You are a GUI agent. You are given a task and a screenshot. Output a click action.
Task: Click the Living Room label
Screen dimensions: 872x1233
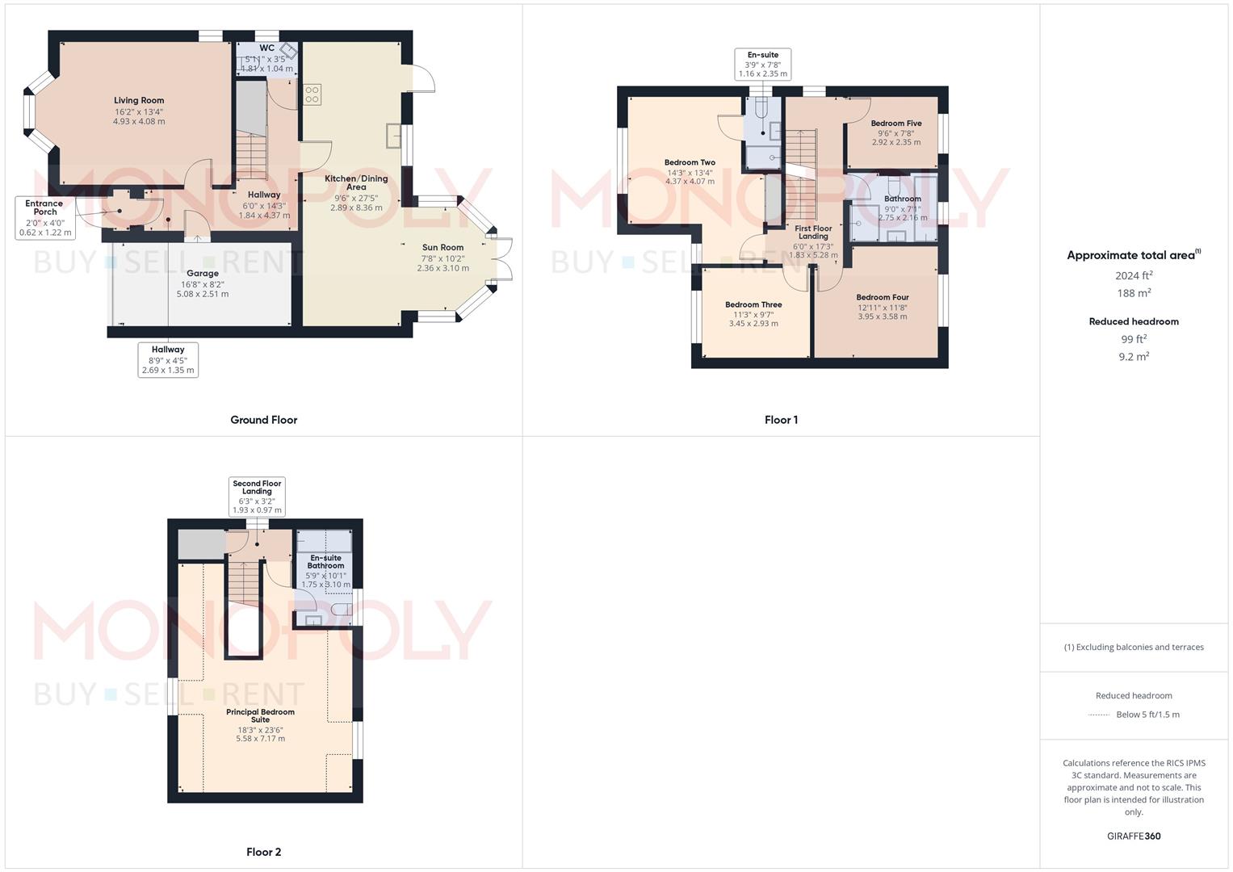[x=139, y=101]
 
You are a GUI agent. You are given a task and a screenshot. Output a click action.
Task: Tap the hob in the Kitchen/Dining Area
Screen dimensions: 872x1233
[x=312, y=94]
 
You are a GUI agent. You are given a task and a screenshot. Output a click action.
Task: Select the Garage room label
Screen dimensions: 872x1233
[x=203, y=274]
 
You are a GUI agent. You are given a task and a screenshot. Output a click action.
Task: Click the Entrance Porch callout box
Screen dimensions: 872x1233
[x=45, y=218]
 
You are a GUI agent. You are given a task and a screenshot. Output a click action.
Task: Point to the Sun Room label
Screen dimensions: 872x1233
[x=442, y=248]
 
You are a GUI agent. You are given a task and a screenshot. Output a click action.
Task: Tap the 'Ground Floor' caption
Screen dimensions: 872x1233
[x=263, y=420]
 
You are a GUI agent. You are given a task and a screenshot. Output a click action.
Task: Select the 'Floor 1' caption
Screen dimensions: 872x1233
[x=781, y=420]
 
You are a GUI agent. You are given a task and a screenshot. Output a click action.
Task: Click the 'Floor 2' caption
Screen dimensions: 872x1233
[x=263, y=852]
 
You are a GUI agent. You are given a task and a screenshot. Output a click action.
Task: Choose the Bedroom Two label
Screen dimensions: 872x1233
[x=690, y=163]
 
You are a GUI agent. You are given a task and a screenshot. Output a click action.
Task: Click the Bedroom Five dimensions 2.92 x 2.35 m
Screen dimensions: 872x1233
[x=895, y=142]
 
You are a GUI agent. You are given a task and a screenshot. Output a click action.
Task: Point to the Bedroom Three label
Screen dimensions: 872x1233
[x=753, y=305]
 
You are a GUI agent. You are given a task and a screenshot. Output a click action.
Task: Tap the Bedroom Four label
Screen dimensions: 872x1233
[x=883, y=298]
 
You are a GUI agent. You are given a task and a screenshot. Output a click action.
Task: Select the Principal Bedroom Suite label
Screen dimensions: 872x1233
[x=260, y=715]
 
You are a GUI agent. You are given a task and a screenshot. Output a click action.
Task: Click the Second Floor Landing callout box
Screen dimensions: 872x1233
[x=257, y=497]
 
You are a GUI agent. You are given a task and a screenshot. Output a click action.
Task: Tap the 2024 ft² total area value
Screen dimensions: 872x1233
[x=1134, y=275]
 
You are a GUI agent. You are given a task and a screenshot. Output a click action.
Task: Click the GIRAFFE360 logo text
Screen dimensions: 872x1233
[x=1134, y=836]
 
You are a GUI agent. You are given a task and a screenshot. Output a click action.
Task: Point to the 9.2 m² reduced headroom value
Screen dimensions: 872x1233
[x=1134, y=356]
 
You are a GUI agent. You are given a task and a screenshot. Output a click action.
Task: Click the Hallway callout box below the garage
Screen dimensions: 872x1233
[x=168, y=360]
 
